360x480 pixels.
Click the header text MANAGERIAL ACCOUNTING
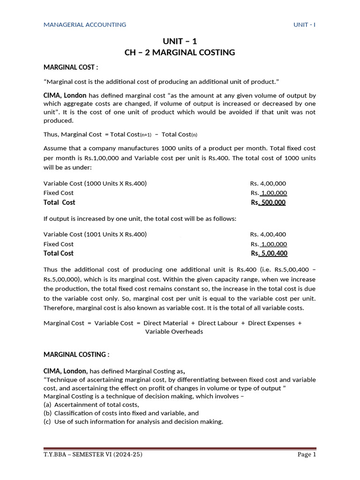coord(85,24)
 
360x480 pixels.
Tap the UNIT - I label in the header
coord(304,24)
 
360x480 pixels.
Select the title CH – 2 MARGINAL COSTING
coord(180,52)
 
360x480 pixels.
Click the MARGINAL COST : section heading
coord(71,67)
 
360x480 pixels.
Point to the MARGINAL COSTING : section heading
coord(76,354)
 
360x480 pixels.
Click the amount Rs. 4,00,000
coord(268,183)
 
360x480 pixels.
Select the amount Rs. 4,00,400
coord(268,234)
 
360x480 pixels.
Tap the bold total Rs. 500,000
coord(269,202)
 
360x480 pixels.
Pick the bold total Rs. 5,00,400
coord(269,254)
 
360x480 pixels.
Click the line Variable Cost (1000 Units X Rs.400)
coord(95,183)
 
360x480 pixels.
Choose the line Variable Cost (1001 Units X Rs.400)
coord(95,234)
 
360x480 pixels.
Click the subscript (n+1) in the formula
coord(146,135)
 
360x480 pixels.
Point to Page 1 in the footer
coord(307,455)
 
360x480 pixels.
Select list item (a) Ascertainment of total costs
coord(91,405)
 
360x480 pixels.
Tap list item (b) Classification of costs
coord(121,413)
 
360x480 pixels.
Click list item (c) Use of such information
coord(133,421)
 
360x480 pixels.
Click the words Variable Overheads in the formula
coord(174,331)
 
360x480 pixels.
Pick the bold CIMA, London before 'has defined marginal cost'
coord(65,95)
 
